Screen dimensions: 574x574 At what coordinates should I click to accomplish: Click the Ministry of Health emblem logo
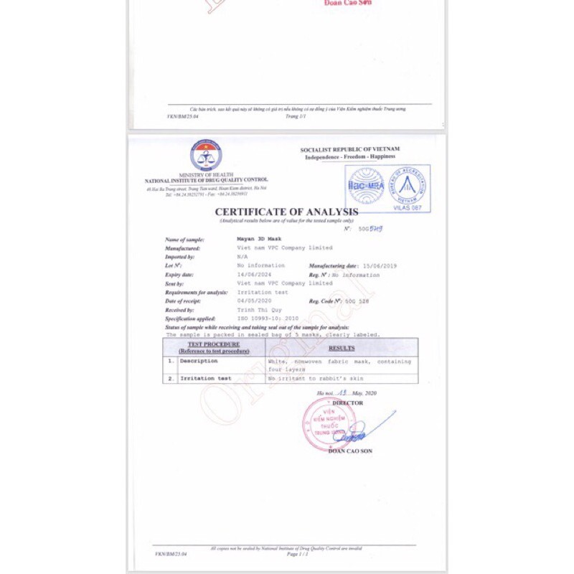tap(206, 156)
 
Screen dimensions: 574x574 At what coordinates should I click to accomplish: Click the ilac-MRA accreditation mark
tap(367, 185)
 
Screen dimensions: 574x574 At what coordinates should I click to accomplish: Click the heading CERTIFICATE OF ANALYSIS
tap(286, 212)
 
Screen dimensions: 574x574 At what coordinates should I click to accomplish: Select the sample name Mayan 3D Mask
tap(260, 239)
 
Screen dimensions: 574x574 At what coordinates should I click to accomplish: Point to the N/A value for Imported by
tap(243, 256)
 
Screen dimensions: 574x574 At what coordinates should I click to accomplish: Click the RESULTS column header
tap(342, 348)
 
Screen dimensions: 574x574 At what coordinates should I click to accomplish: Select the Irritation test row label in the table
tap(205, 377)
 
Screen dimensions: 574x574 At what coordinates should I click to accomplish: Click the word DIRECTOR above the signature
tap(348, 403)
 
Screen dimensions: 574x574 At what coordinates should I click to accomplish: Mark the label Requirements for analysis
tap(197, 292)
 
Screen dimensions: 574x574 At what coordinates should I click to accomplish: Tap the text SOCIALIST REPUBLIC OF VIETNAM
tap(350, 149)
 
